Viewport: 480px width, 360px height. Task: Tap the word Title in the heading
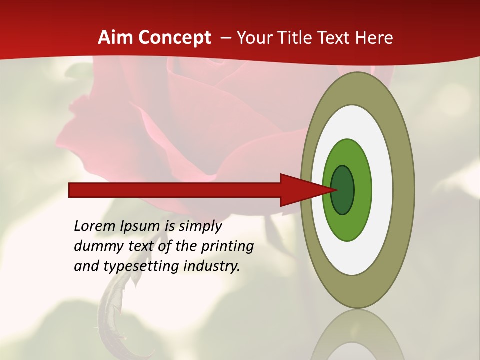tap(297, 38)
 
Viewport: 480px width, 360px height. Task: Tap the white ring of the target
tap(382, 190)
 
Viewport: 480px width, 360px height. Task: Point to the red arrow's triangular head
tap(300, 190)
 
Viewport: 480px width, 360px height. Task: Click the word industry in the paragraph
tap(212, 266)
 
